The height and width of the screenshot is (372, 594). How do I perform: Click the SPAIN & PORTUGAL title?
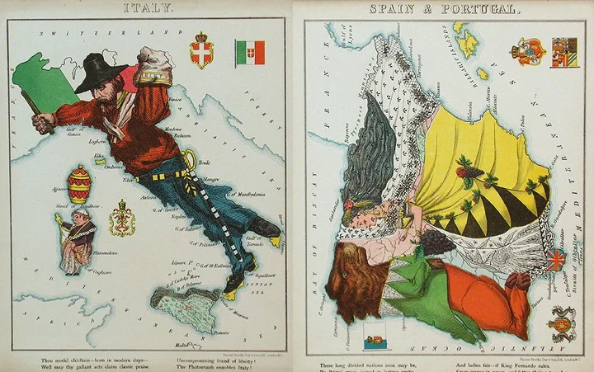[x=444, y=10]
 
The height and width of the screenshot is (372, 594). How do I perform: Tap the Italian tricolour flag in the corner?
[x=249, y=52]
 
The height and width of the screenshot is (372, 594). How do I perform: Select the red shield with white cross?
[x=201, y=51]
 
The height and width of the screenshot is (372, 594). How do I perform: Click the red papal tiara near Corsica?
[x=79, y=185]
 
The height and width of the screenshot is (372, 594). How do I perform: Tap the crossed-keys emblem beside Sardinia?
[x=122, y=220]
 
